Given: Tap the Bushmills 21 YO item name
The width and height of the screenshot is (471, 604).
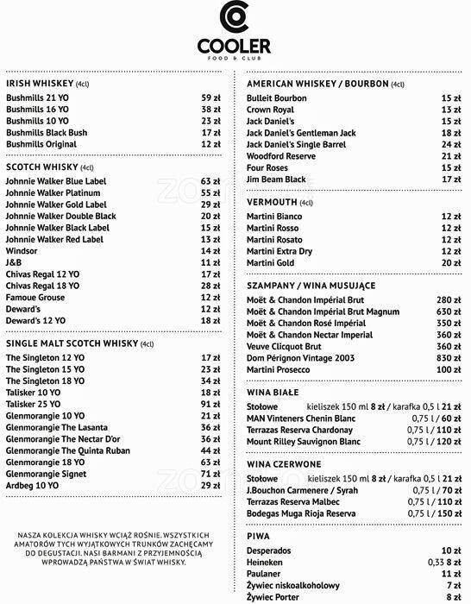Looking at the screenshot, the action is click(x=39, y=98).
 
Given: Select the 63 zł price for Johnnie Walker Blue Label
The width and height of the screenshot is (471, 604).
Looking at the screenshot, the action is click(x=211, y=181).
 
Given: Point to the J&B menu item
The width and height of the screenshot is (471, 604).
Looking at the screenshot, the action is click(x=14, y=261).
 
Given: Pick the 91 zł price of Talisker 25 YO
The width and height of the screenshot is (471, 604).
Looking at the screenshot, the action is click(x=211, y=404).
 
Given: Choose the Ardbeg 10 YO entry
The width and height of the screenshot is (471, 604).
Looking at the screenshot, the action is click(x=33, y=486).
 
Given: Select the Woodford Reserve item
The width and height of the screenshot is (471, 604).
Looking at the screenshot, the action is click(x=281, y=156).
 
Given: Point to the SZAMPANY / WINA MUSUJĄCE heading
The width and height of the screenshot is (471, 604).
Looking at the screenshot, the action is click(x=311, y=285).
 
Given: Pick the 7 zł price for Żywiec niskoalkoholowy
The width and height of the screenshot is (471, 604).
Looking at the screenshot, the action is click(x=453, y=584).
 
